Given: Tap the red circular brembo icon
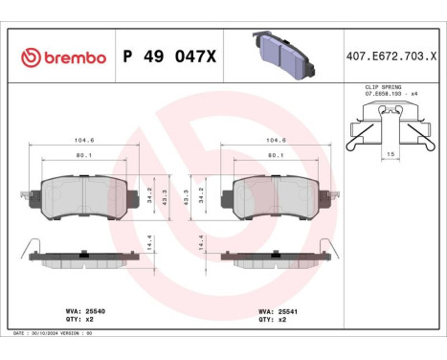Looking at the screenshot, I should tap(29, 57).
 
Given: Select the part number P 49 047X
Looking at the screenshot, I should tap(169, 57).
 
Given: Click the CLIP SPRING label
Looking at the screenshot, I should tap(382, 87).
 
